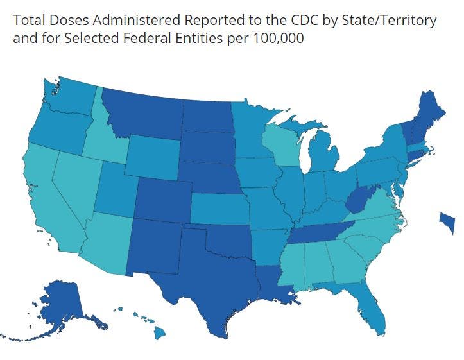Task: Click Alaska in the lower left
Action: (64, 305)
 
